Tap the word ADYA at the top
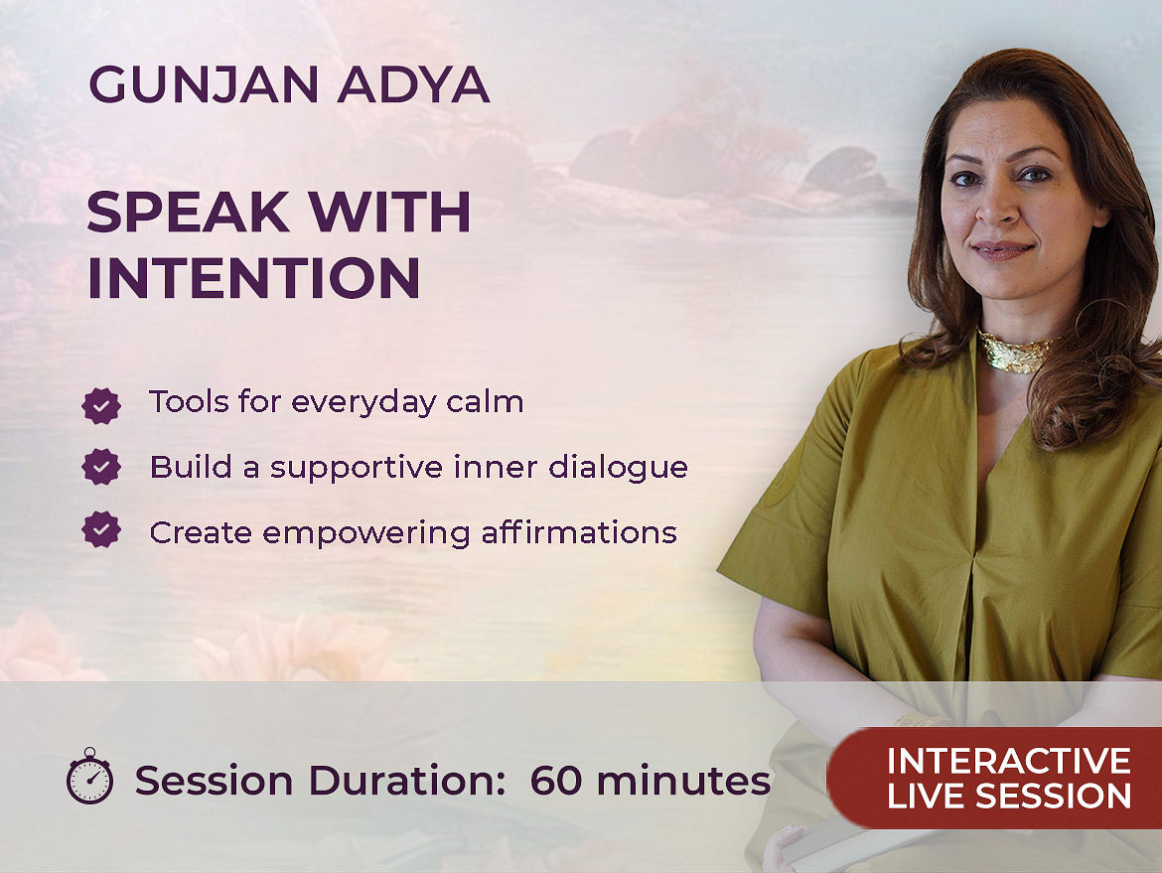413,84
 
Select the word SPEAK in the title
188,213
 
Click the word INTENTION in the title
253,279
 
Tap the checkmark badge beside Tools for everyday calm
101,405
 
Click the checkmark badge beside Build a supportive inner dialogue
101,467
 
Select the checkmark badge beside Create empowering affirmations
101,530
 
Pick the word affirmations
579,532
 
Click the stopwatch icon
89,776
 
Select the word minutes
683,781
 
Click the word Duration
407,781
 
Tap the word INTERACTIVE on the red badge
1009,761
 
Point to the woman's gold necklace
1015,352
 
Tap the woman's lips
1002,249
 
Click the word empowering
366,533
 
